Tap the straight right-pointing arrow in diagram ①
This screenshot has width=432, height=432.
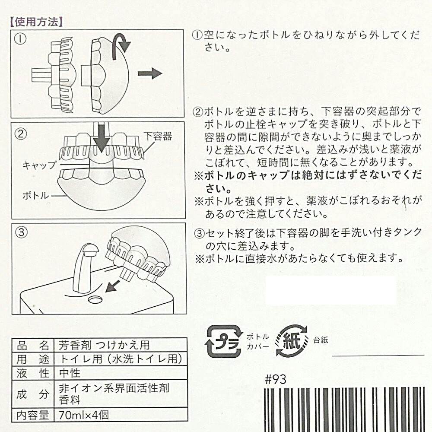click(x=150, y=73)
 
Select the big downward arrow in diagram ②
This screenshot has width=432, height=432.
click(x=102, y=137)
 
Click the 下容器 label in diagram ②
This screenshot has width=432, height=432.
click(x=158, y=136)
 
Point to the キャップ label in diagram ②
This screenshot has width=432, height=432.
click(x=39, y=165)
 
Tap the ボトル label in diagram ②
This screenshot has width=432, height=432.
click(x=36, y=196)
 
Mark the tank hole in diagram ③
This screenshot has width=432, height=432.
click(x=95, y=299)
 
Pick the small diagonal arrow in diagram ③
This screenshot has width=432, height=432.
click(x=113, y=286)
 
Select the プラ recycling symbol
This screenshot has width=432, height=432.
click(x=223, y=341)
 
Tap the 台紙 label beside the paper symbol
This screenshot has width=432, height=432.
click(x=321, y=340)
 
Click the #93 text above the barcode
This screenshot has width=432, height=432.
click(x=276, y=379)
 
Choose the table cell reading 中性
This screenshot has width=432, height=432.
click(x=70, y=373)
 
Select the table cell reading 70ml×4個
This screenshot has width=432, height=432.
click(x=84, y=415)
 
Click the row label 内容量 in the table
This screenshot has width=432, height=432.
click(x=33, y=415)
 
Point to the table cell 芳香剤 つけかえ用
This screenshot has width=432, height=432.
click(x=104, y=345)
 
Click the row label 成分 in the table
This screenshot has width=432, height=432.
click(x=33, y=394)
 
